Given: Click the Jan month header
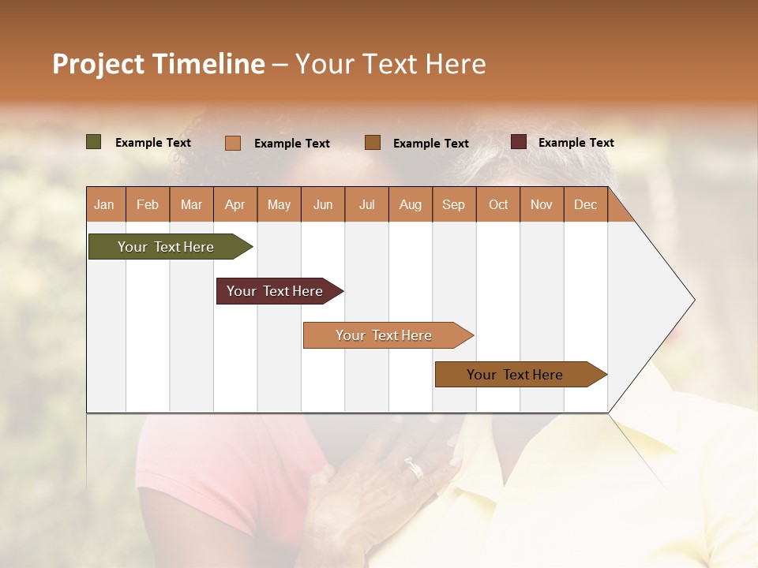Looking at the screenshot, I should click(x=104, y=205).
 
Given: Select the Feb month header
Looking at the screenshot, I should click(x=148, y=205).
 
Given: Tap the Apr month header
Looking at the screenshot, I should click(x=235, y=205).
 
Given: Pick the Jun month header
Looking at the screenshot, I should click(x=323, y=205).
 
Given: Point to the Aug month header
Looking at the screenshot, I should click(x=410, y=205).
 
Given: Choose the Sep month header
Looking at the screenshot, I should click(x=453, y=205).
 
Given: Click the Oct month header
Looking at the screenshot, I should click(x=498, y=205).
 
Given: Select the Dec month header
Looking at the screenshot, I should click(x=585, y=205).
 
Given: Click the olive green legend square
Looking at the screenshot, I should click(x=94, y=142).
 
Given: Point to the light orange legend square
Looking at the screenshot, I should click(x=233, y=143).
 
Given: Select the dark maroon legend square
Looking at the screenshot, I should click(x=519, y=142).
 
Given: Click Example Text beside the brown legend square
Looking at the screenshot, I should click(x=430, y=144).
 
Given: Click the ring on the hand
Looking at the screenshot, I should click(x=414, y=469).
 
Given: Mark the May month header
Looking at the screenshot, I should click(x=279, y=205).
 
